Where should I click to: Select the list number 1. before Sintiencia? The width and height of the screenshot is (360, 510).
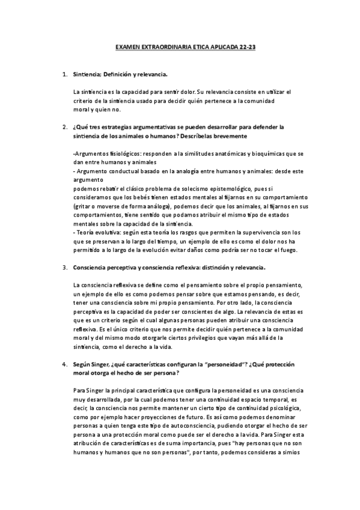coord(65,75)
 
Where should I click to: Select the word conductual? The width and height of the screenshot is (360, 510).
coord(116,171)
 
